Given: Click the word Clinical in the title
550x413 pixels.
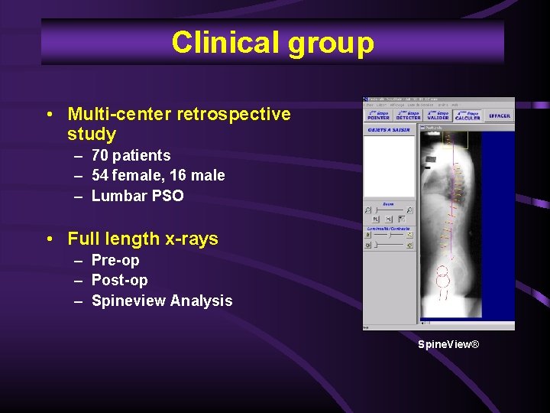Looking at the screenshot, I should click(225, 43).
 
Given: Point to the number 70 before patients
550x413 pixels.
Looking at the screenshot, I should click(100, 155).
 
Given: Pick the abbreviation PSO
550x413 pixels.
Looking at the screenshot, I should click(168, 196).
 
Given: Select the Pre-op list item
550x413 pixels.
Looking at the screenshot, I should click(115, 260).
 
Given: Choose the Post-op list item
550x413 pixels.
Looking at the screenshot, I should click(119, 280).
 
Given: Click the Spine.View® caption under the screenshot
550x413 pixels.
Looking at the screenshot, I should click(448, 345).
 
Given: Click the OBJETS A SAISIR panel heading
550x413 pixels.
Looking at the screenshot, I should click(390, 130).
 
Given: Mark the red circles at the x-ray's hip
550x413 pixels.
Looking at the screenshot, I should click(442, 276).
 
